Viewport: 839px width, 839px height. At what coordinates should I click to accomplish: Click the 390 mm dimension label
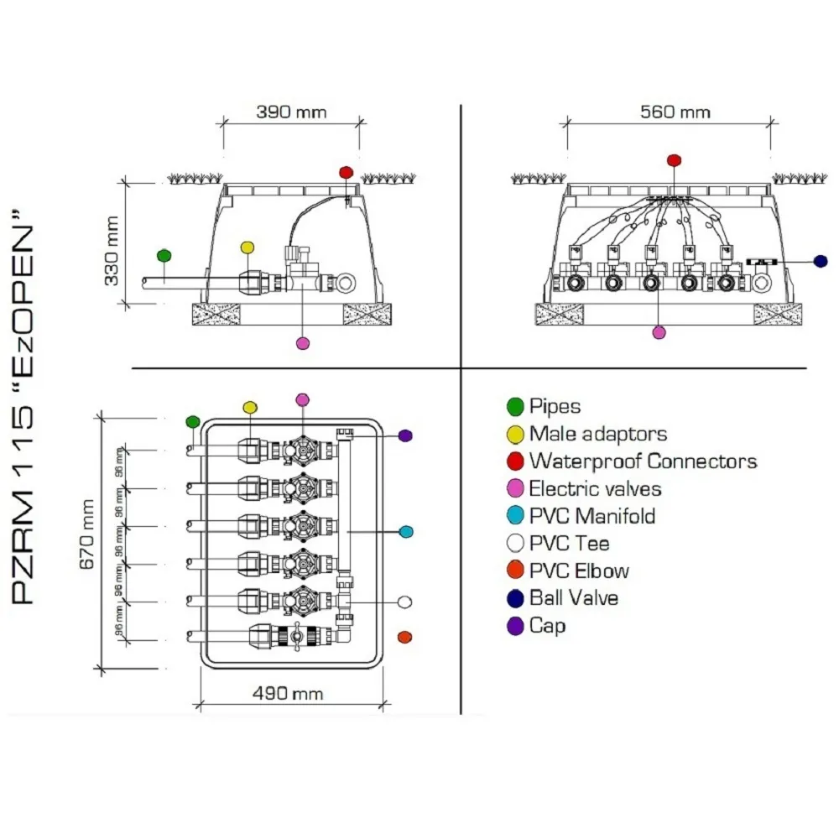pyautogui.click(x=291, y=112)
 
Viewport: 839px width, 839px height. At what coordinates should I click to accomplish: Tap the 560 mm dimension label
pyautogui.click(x=675, y=112)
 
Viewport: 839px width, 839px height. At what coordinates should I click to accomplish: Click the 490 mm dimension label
pyautogui.click(x=288, y=693)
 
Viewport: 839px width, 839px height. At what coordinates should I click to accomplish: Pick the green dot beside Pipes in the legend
pyautogui.click(x=515, y=407)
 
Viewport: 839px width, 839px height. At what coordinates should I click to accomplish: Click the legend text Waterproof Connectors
pyautogui.click(x=643, y=461)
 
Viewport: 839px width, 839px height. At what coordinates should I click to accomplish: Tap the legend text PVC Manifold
pyautogui.click(x=591, y=516)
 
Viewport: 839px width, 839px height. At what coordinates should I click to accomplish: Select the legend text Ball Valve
pyautogui.click(x=574, y=598)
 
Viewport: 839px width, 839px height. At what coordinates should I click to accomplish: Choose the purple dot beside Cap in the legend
pyautogui.click(x=515, y=626)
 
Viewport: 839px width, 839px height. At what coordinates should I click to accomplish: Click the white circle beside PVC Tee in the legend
pyautogui.click(x=515, y=544)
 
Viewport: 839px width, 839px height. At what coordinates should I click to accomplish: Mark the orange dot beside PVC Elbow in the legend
pyautogui.click(x=515, y=571)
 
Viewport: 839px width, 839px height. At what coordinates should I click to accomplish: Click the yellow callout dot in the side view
pyautogui.click(x=247, y=248)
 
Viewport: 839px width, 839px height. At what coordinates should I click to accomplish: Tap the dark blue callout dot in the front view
pyautogui.click(x=821, y=262)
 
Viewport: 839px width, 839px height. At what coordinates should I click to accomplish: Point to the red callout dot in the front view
pyautogui.click(x=673, y=159)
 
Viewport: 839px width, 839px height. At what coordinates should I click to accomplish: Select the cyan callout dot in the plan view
pyautogui.click(x=406, y=531)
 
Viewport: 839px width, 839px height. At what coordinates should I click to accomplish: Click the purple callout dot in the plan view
pyautogui.click(x=405, y=435)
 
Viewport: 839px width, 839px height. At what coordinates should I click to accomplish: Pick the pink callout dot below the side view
pyautogui.click(x=304, y=342)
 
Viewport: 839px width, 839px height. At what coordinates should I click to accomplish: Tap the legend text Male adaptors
pyautogui.click(x=597, y=434)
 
